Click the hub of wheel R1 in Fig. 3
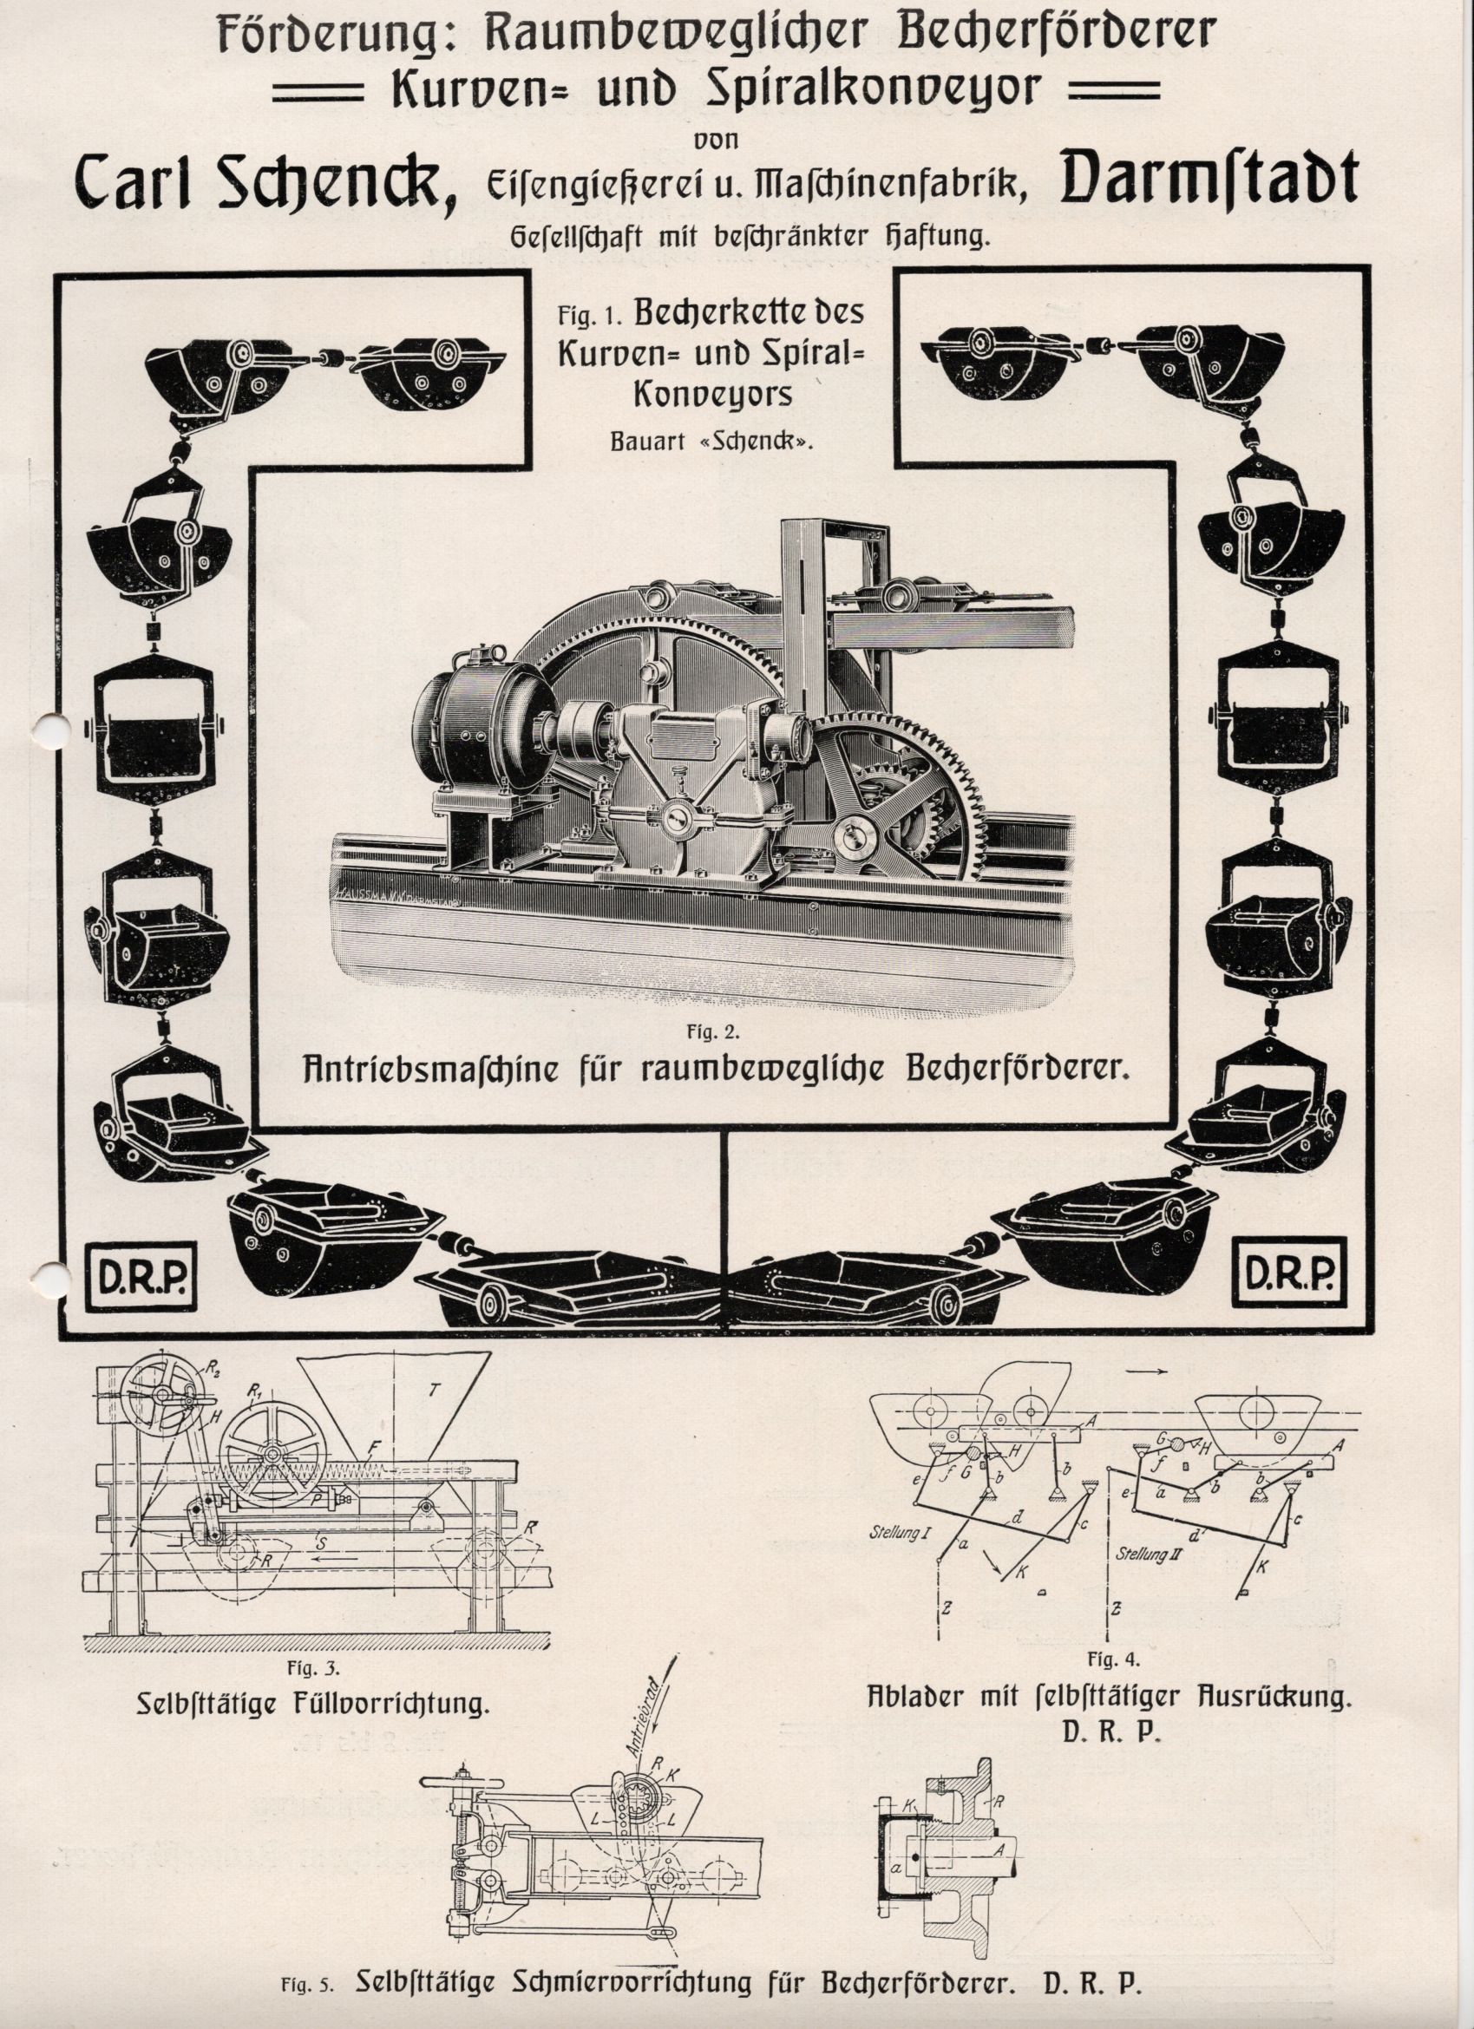[265, 1456]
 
